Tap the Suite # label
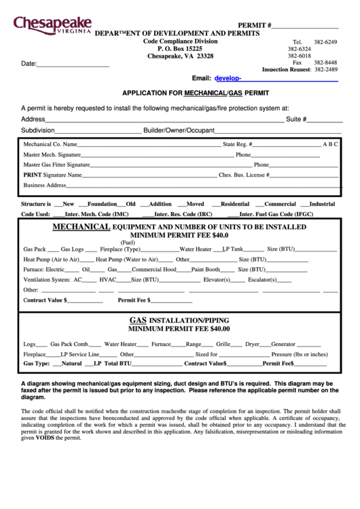tap(297, 119)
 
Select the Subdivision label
tap(37, 130)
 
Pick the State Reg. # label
tap(238, 144)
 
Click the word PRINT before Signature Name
tap(33, 175)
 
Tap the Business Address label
tap(45, 185)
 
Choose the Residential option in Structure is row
tap(234, 204)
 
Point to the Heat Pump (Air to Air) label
tap(51, 259)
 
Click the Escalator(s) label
tap(262, 279)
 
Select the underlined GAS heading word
tap(139, 319)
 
